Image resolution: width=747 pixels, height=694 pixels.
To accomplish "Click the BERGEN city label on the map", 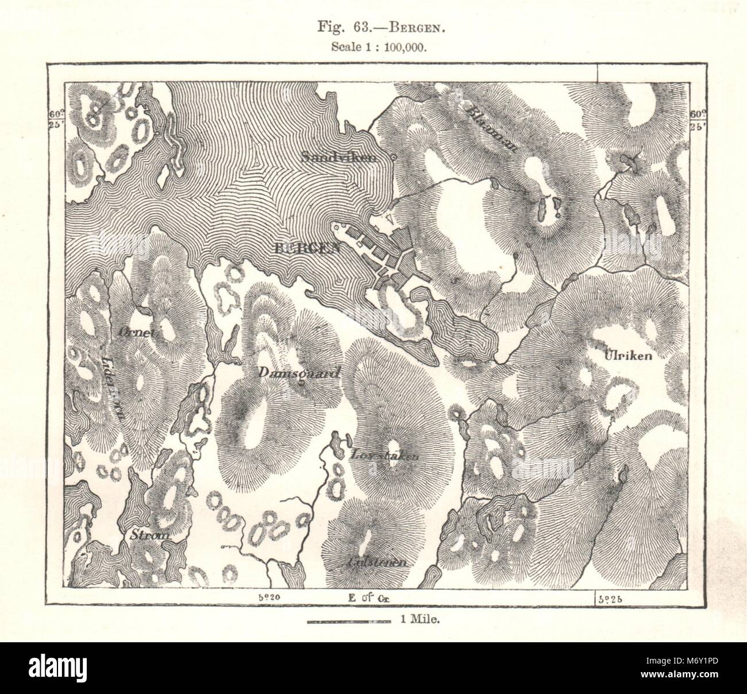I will (307, 248).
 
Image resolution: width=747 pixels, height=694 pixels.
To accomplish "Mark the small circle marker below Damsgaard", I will (301, 384).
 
